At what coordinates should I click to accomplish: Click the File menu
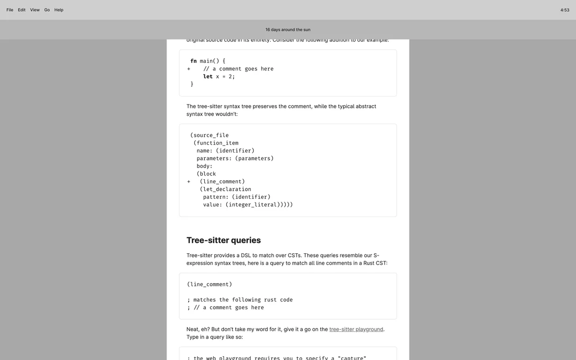[x=10, y=10]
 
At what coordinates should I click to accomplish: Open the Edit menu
[x=22, y=10]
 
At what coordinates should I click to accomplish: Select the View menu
[x=35, y=10]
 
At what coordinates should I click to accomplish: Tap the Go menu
[x=47, y=10]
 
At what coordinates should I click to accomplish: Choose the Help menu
[x=59, y=10]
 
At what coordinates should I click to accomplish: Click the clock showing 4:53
[x=565, y=10]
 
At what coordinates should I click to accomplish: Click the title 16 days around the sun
[x=288, y=30]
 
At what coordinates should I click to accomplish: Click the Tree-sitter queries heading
[x=223, y=241]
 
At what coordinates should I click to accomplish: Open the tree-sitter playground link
[x=356, y=330]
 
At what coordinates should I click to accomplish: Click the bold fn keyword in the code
[x=194, y=61]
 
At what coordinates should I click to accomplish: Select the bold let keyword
[x=208, y=77]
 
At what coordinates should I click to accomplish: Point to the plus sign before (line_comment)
[x=189, y=182]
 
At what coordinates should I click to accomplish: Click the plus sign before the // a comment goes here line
[x=189, y=69]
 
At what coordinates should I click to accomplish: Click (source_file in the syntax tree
[x=210, y=135]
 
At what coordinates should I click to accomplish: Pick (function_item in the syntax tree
[x=216, y=143]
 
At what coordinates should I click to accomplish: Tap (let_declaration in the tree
[x=226, y=189]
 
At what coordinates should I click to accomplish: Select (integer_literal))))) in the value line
[x=259, y=205]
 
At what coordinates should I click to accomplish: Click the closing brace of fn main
[x=192, y=84]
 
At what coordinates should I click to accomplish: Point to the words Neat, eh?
[x=198, y=330]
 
